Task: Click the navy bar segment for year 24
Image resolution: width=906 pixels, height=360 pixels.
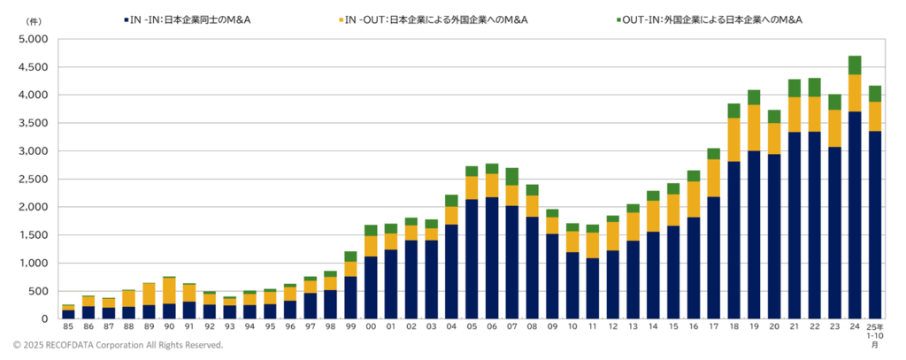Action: pyautogui.click(x=854, y=215)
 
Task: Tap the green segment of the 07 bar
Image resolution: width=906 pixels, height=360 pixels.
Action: pyautogui.click(x=511, y=177)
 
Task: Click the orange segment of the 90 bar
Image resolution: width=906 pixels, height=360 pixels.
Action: pyautogui.click(x=168, y=290)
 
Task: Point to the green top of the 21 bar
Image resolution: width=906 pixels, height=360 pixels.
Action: pyautogui.click(x=795, y=88)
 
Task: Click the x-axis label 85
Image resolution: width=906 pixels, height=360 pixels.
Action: pyautogui.click(x=68, y=326)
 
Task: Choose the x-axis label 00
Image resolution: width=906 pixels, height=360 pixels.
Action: pyautogui.click(x=371, y=326)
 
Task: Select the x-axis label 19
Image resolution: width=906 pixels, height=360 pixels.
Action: pyautogui.click(x=754, y=326)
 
